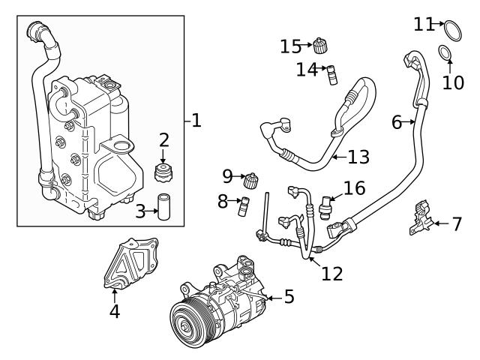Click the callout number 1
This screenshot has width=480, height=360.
coord(196,119)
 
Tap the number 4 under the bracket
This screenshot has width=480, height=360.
coord(114,310)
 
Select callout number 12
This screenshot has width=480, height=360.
coord(331,273)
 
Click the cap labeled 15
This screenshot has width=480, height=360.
coord(321,44)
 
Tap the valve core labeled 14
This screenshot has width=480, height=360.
coord(331,73)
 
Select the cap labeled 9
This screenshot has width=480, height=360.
coord(253,180)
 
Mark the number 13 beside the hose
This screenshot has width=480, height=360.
coord(358,157)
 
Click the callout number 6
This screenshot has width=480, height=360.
coord(397,122)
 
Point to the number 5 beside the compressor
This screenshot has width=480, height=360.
coord(288,297)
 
